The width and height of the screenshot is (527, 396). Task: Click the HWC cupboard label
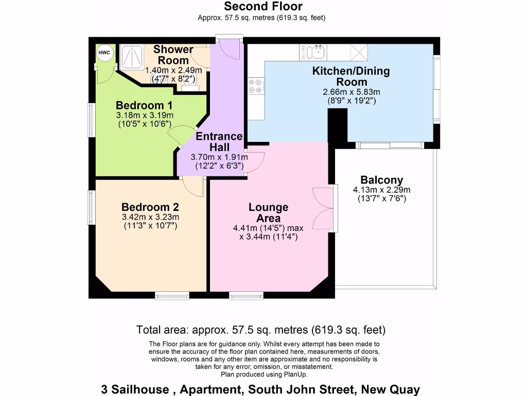tap(104, 53)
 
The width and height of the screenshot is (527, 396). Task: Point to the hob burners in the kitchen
tap(255, 86)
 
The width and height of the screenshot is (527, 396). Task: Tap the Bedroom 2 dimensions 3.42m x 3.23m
tap(150, 217)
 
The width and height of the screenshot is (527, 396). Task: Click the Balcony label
tap(381, 180)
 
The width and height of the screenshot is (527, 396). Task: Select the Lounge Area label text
tap(268, 212)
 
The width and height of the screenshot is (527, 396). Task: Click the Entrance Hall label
tap(219, 142)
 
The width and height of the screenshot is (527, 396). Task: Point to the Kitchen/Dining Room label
tap(351, 76)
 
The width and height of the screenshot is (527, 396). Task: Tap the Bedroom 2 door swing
tap(194, 186)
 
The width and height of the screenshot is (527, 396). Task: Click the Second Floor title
tap(263, 7)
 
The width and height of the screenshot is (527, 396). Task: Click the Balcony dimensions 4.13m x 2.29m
tap(381, 194)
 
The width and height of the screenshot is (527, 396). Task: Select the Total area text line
tap(261, 329)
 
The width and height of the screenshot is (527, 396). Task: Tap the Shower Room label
tap(173, 55)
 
